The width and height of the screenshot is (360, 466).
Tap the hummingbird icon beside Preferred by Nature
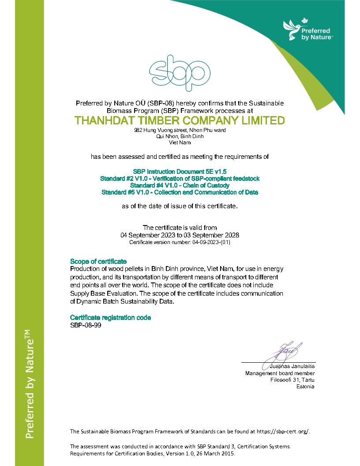click(x=291, y=30)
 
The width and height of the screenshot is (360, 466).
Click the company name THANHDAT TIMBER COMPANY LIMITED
click(x=180, y=120)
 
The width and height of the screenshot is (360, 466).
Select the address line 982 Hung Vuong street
click(x=180, y=131)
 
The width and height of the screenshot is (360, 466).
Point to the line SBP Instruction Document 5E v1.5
click(x=180, y=171)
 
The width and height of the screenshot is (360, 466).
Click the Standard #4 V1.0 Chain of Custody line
click(x=180, y=185)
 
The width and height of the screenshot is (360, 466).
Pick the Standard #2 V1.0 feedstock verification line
click(x=180, y=178)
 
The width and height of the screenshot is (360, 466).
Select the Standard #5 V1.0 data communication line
click(x=180, y=192)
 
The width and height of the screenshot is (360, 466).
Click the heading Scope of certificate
click(x=98, y=261)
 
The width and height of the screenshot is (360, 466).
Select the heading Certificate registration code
click(x=110, y=318)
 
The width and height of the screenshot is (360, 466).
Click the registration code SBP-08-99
click(x=82, y=325)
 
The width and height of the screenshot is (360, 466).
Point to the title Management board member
click(x=280, y=373)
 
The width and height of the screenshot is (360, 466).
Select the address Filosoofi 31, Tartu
click(x=292, y=380)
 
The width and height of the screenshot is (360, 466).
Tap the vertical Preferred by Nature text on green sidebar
click(x=29, y=384)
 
